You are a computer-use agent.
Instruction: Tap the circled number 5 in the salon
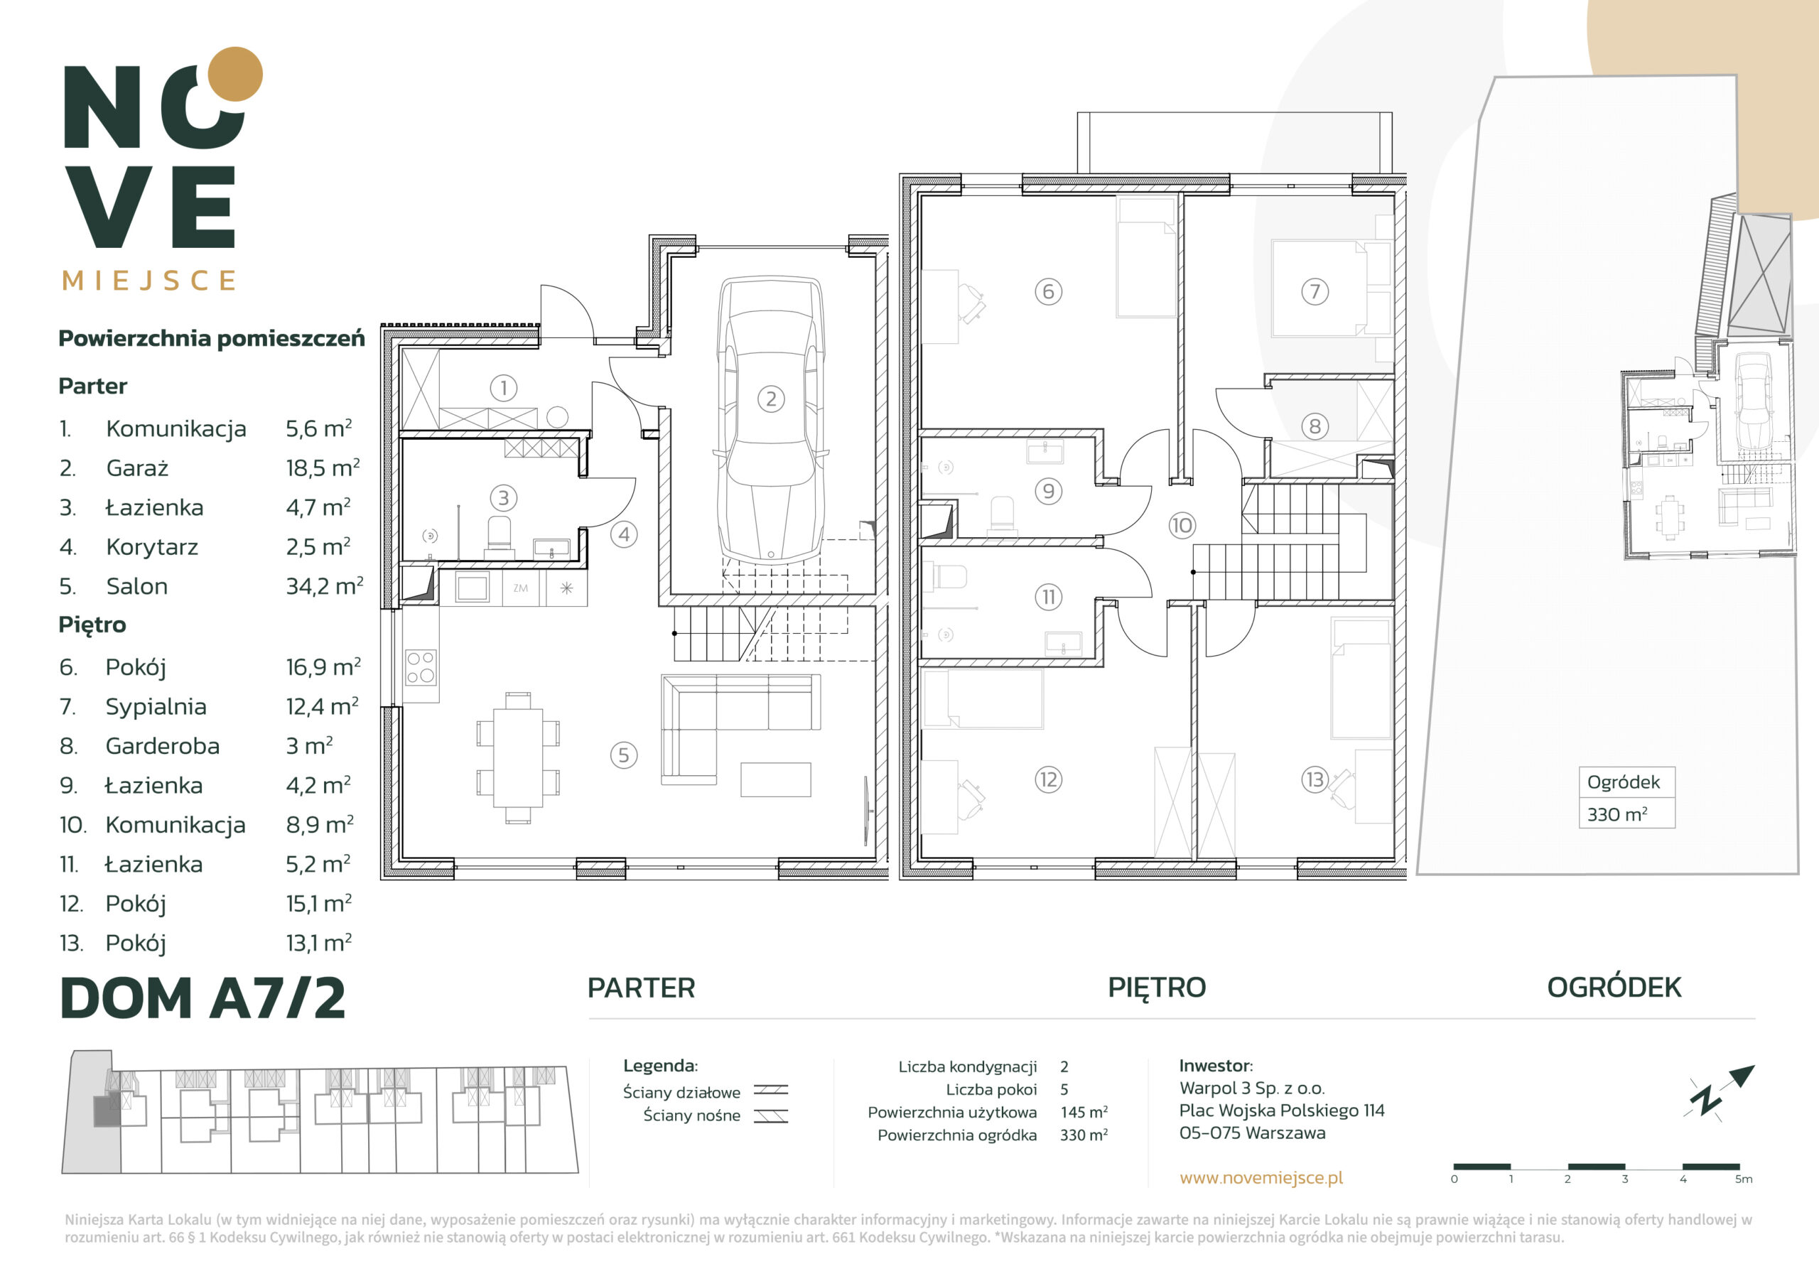click(x=623, y=755)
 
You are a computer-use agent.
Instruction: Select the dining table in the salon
click(x=518, y=757)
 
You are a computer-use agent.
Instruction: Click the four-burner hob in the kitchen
click(x=421, y=666)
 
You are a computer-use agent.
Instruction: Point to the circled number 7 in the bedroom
click(x=1315, y=291)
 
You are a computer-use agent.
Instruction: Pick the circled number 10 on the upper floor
click(x=1181, y=524)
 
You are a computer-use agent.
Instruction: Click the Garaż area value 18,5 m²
click(x=323, y=468)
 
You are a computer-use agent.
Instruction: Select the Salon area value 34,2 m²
click(x=324, y=586)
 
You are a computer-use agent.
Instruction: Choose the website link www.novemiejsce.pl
click(x=1261, y=1177)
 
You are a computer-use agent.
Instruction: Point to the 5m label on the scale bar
click(x=1743, y=1179)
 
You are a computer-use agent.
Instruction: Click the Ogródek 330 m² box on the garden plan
click(x=1626, y=797)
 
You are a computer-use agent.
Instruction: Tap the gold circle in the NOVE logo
click(x=234, y=75)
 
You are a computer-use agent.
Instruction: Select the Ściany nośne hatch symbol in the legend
click(x=770, y=1115)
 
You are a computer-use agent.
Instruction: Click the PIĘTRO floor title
click(x=1157, y=988)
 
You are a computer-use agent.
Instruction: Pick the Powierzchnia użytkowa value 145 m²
click(x=1084, y=1112)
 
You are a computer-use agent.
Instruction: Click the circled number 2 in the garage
click(x=771, y=399)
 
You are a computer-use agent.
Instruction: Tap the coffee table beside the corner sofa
click(x=776, y=779)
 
